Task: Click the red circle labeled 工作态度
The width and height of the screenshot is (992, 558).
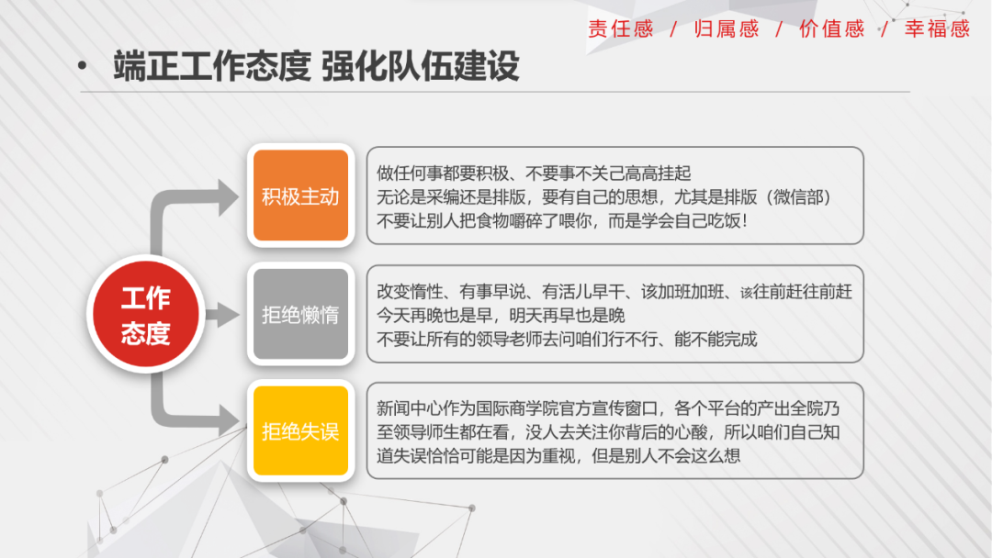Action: [145, 314]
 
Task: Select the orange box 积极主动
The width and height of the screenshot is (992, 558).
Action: [300, 195]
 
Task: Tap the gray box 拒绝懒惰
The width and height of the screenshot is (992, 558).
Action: [300, 314]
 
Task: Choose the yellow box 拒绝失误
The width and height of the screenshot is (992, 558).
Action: [300, 431]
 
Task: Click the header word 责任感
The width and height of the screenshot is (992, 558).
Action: [621, 29]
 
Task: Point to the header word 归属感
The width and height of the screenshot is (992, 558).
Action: [727, 29]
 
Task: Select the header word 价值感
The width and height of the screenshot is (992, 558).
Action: [832, 29]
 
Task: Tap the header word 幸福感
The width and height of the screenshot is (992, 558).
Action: [937, 29]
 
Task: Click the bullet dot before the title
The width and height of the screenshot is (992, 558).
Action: [83, 66]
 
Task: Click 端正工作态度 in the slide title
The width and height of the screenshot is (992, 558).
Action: [212, 66]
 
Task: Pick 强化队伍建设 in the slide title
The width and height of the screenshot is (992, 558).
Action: [420, 66]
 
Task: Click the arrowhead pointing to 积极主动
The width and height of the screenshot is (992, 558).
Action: [229, 197]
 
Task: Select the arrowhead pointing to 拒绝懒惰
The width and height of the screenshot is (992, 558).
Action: [229, 315]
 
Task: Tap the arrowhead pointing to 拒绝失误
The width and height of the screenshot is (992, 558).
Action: [229, 419]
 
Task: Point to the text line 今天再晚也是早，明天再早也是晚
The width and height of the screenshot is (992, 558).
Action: [502, 316]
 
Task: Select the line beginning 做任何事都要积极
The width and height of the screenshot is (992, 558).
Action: [534, 173]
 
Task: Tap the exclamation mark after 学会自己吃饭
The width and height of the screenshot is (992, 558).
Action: [745, 221]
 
